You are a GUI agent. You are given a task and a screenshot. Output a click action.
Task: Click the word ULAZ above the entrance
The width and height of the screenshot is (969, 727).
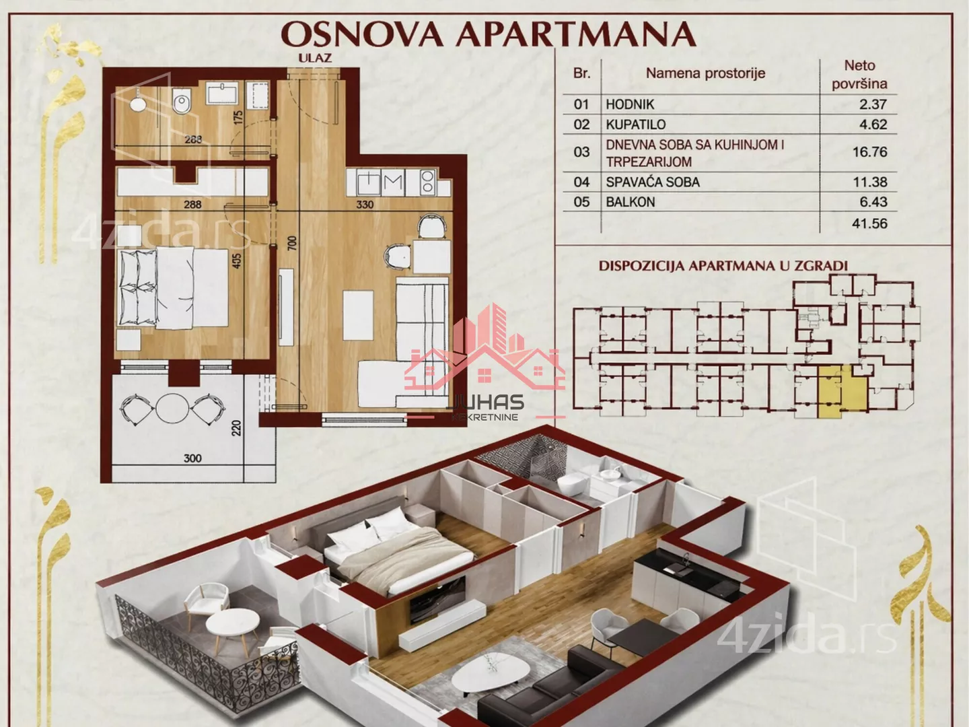tap(315, 58)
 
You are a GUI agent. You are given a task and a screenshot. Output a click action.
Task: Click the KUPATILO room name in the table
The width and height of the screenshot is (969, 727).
tap(636, 125)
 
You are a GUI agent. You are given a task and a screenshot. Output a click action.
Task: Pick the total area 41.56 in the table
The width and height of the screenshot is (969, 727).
tap(869, 223)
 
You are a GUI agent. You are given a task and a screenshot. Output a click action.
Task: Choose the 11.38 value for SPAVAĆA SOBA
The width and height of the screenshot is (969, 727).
tap(869, 182)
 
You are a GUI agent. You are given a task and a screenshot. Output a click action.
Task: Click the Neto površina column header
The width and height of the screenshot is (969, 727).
tap(859, 75)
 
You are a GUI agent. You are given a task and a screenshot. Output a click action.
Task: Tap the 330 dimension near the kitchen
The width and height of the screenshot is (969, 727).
tap(365, 205)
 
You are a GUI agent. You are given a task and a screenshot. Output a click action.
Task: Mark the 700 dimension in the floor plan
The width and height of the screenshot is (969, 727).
tap(292, 243)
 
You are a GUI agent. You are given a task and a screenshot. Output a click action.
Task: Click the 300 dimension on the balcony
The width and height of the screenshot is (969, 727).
tap(192, 458)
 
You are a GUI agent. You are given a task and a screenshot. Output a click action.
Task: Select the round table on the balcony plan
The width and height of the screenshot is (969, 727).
tap(172, 409)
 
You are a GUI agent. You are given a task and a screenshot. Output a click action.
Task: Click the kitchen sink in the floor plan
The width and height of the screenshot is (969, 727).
tap(369, 182)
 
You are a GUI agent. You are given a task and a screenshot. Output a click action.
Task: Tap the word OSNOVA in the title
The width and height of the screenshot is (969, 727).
tap(363, 34)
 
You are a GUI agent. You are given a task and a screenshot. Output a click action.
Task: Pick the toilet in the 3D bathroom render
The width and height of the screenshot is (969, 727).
tap(574, 485)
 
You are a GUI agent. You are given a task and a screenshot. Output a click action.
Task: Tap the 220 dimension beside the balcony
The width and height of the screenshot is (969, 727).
tap(237, 428)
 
